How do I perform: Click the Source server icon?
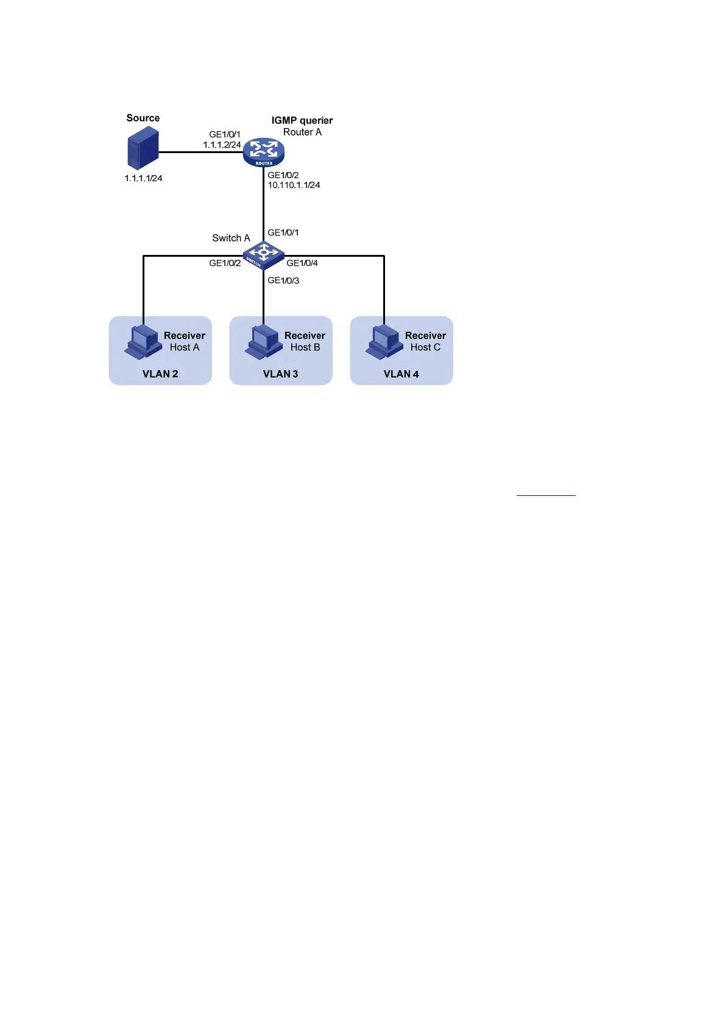tap(143, 152)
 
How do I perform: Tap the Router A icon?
tap(264, 152)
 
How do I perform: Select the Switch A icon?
tap(263, 254)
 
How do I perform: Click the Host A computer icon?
tap(143, 342)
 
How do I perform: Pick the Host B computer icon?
tap(264, 342)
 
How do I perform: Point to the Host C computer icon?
tap(384, 342)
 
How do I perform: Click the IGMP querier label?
tap(302, 121)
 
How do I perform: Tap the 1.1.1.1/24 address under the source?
tap(143, 179)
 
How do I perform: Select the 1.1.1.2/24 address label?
tap(222, 145)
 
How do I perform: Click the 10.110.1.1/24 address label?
tap(294, 185)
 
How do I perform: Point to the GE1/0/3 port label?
tap(283, 281)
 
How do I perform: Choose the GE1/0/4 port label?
tap(302, 263)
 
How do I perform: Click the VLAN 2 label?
tap(160, 374)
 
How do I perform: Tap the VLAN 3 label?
tap(280, 374)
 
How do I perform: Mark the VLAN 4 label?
tap(401, 374)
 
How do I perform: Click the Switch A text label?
tap(231, 238)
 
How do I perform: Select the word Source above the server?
tap(143, 118)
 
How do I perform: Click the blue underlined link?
tap(546, 495)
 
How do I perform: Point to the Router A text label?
tap(302, 132)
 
